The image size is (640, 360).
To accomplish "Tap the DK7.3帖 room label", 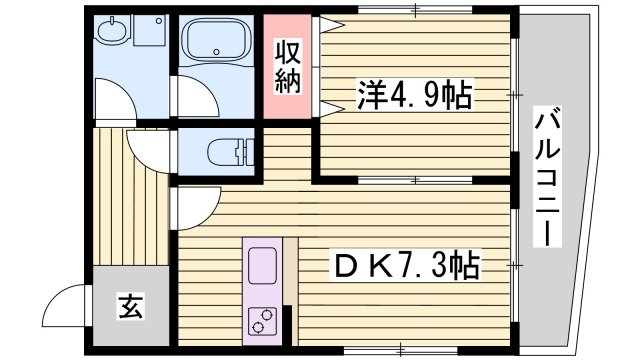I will [x=406, y=265].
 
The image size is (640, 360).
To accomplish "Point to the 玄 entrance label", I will [x=131, y=306].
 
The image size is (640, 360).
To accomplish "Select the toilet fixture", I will [x=229, y=153].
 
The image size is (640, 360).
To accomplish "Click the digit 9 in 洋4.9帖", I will [x=437, y=98].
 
